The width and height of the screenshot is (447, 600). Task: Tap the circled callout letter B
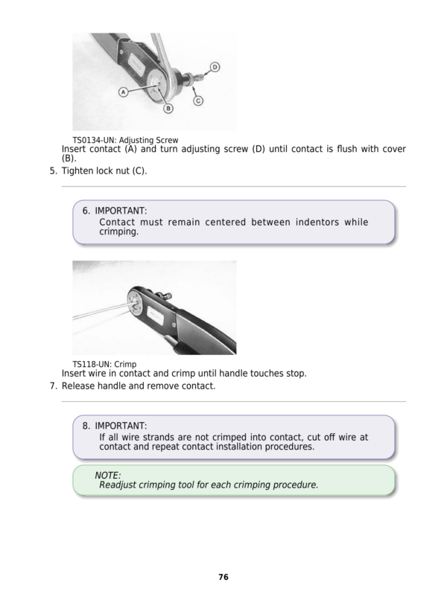pyautogui.click(x=168, y=109)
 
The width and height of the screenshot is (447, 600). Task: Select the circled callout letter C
pyautogui.click(x=199, y=100)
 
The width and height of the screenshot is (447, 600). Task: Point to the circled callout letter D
pyautogui.click(x=215, y=67)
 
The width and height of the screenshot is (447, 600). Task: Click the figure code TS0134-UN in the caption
pyautogui.click(x=95, y=140)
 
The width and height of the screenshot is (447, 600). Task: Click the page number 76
pyautogui.click(x=223, y=577)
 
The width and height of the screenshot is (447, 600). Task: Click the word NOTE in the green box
pyautogui.click(x=108, y=475)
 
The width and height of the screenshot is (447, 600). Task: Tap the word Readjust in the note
pyautogui.click(x=121, y=485)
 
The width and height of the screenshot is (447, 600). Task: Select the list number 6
pyautogui.click(x=86, y=211)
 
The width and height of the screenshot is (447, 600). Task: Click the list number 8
pyautogui.click(x=86, y=426)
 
